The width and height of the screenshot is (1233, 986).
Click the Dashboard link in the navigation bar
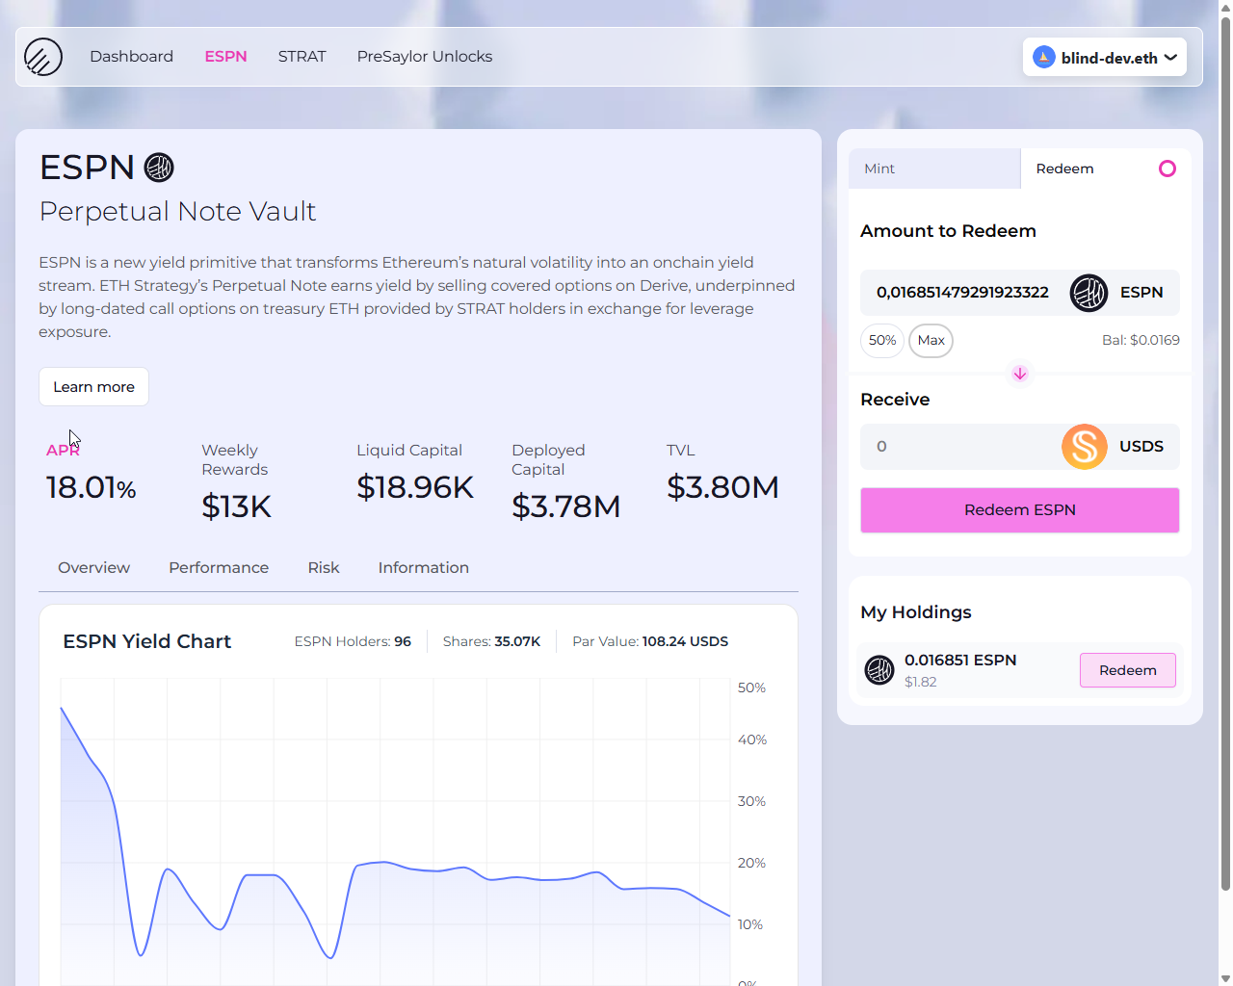131,57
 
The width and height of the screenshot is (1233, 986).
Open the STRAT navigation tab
302,57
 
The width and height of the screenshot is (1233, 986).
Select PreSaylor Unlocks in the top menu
424,57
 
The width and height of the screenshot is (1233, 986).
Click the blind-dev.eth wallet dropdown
1104,58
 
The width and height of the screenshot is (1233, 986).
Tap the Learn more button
93,387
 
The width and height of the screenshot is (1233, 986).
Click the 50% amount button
881,340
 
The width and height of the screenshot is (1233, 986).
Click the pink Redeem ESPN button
1019,510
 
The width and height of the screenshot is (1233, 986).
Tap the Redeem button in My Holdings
1127,670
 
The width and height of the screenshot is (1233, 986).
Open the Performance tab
219,568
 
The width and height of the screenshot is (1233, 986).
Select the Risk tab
323,568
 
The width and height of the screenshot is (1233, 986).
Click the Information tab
423,568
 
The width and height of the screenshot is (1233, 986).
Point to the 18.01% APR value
91,488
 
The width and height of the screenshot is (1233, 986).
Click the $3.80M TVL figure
722,488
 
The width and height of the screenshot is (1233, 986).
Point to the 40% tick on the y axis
751,739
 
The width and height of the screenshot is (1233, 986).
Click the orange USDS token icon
1084,447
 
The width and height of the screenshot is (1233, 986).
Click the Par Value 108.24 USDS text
649,641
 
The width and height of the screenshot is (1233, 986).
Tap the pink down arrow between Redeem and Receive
1019,374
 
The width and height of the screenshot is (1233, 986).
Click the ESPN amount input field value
961,293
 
